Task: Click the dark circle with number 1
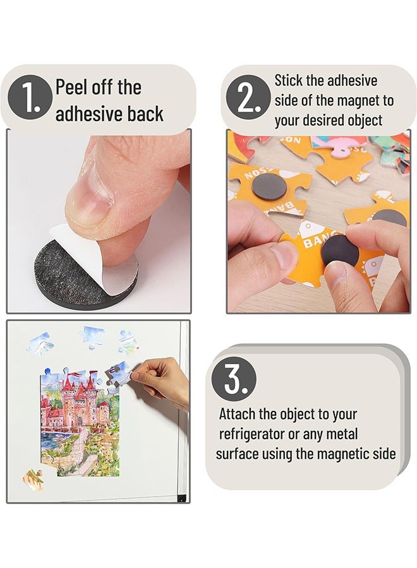click(x=29, y=99)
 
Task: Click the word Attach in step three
click(x=238, y=415)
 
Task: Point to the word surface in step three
click(x=237, y=454)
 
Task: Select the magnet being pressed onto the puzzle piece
click(x=341, y=253)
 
